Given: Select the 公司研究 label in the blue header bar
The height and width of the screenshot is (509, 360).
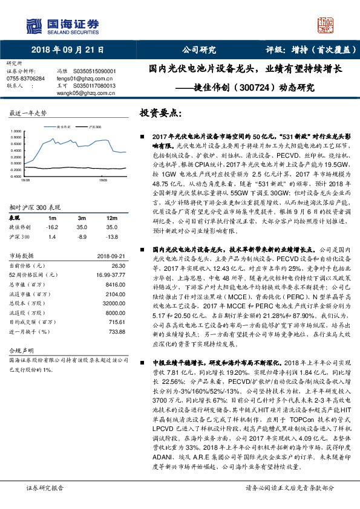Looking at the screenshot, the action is (x=199, y=50).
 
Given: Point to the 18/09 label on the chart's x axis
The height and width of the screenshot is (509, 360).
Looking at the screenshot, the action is (x=103, y=180).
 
